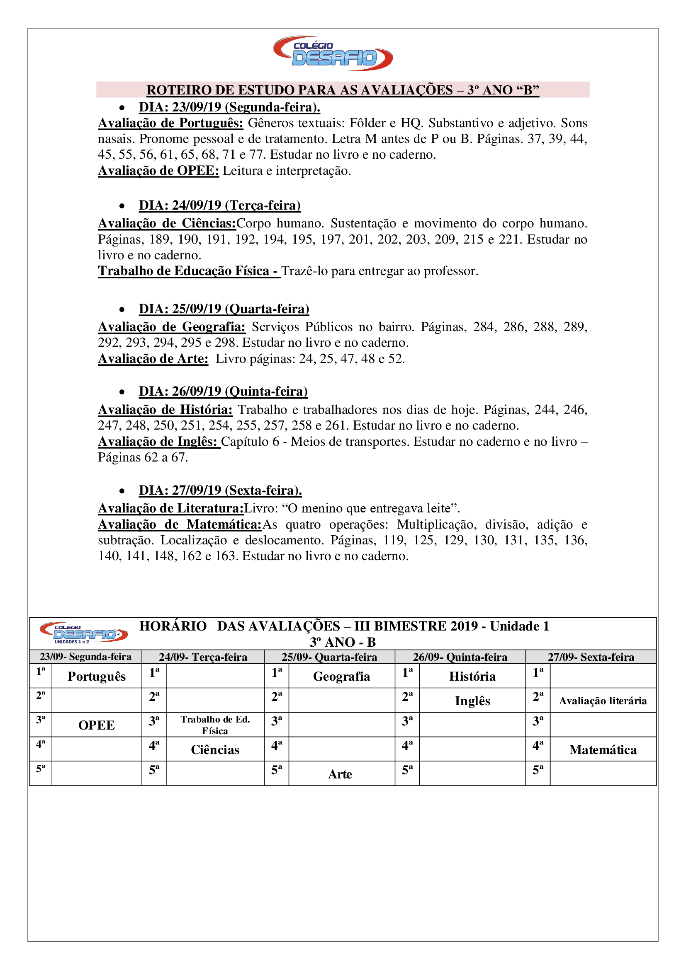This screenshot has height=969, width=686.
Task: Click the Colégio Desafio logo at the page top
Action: [333, 53]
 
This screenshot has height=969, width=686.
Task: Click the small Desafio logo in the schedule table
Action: [84, 633]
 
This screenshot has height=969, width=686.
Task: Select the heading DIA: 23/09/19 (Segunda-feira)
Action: [229, 107]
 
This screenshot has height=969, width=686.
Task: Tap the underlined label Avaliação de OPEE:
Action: [158, 171]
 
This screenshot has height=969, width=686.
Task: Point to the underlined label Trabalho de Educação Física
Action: [189, 271]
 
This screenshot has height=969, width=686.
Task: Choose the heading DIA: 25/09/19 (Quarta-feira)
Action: [224, 309]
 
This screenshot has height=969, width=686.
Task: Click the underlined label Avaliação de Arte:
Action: [153, 359]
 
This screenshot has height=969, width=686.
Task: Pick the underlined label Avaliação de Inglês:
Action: [159, 442]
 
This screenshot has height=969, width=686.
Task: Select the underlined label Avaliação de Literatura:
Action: [170, 508]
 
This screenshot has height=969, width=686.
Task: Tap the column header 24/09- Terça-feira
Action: [203, 657]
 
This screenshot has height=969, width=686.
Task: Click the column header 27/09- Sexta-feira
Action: [591, 657]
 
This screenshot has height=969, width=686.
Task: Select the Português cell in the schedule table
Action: [97, 677]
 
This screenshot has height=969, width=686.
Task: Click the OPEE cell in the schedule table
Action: [97, 725]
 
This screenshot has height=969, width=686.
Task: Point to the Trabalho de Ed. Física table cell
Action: [215, 725]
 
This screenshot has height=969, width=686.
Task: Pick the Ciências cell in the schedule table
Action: [215, 749]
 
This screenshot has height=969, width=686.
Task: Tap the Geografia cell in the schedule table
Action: [341, 677]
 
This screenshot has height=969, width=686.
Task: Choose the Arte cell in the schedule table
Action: [340, 774]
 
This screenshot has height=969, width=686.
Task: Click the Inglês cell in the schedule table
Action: [472, 701]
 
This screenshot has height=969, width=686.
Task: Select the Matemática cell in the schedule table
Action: [603, 749]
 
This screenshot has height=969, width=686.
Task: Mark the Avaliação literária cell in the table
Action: [603, 701]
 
